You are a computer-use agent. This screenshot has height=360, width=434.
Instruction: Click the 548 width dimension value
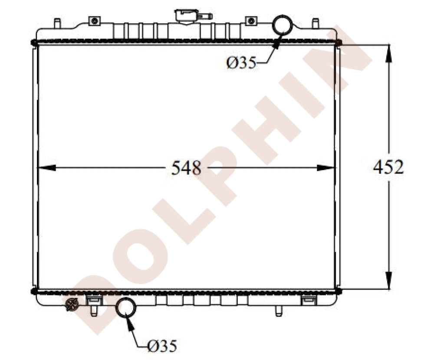186,168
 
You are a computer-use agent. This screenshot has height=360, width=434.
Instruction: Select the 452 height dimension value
388,167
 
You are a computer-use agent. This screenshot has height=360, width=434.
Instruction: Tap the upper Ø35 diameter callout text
241,63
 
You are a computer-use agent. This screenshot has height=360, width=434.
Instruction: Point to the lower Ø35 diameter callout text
162,346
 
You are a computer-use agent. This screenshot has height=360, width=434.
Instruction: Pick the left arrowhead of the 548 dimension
46,168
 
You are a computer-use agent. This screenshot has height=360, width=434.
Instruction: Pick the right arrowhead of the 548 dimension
326,168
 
